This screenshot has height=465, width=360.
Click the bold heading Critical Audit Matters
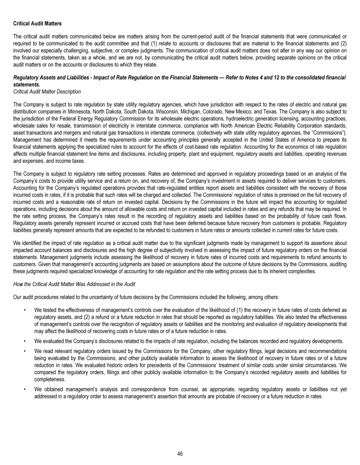point(37,23)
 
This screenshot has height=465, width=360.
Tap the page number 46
point(180,454)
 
